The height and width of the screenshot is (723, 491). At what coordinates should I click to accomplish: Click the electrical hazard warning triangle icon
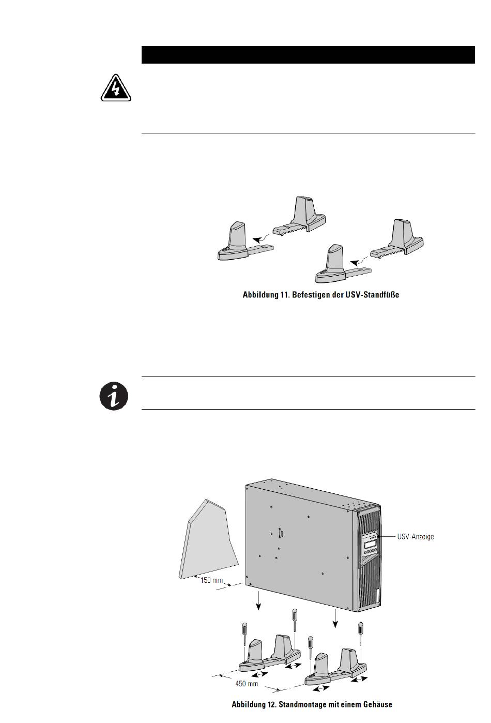[x=115, y=88]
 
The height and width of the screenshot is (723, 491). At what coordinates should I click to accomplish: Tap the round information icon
[x=113, y=397]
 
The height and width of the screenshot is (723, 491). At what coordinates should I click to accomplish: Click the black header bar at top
[x=308, y=54]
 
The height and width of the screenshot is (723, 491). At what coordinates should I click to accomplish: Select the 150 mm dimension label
[x=212, y=580]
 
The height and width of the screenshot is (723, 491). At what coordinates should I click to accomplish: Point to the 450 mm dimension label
[x=247, y=683]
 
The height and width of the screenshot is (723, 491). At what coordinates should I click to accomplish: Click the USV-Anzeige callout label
[x=415, y=537]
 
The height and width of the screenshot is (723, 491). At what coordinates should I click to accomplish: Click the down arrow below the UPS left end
[x=259, y=602]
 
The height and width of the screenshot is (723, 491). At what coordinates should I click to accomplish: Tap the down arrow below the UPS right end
[x=335, y=618]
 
